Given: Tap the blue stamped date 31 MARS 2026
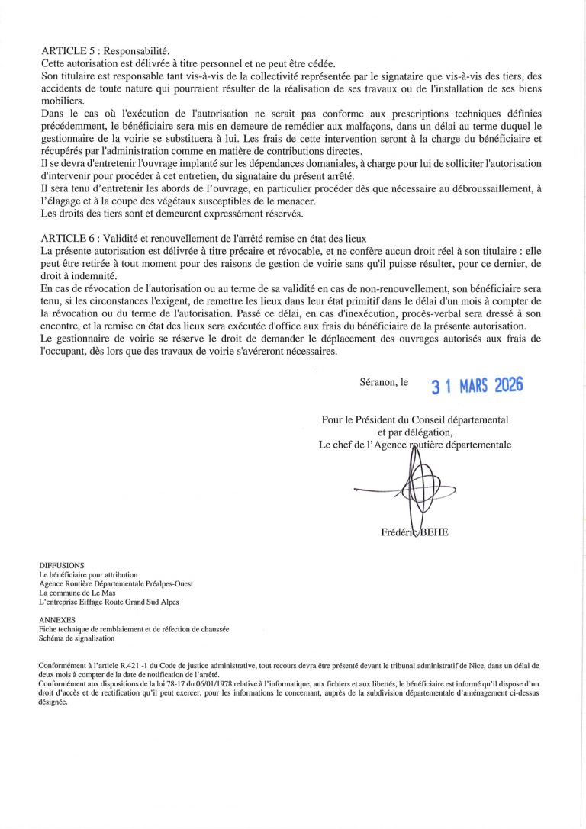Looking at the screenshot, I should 477,386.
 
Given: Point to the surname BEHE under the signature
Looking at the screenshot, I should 432,532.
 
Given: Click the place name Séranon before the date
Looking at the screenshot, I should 378,381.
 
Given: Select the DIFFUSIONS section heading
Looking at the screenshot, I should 62,565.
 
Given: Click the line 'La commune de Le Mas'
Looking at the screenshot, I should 75,593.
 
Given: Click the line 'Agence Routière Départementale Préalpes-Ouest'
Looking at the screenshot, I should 116,583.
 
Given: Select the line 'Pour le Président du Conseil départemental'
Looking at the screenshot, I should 415,419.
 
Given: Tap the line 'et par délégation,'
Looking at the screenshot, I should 415,432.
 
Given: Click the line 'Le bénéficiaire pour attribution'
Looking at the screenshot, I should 88,574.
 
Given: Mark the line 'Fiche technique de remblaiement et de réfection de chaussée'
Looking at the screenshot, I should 134,629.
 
